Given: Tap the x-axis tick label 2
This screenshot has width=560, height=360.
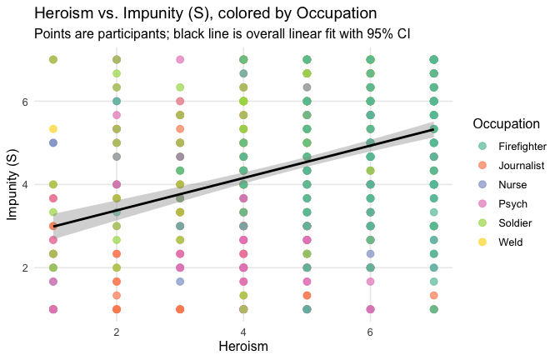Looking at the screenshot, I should point(117,331).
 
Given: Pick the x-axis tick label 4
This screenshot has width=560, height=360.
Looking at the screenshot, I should point(243,331).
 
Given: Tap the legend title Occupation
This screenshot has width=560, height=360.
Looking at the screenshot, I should point(507,124).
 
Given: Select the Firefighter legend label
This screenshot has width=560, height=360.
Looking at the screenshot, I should point(522,146).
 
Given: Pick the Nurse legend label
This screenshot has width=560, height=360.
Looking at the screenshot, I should point(512,184).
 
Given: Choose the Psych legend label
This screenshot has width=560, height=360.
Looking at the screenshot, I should point(512,203).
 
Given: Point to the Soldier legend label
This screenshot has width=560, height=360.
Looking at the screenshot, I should point(514,222).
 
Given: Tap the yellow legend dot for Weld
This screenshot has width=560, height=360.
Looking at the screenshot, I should point(482,242).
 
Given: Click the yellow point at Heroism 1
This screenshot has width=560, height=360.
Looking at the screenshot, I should point(53,129).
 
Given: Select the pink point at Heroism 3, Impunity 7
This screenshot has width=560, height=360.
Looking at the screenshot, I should point(180,60).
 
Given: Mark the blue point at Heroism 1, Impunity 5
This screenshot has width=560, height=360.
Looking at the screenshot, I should point(53,142).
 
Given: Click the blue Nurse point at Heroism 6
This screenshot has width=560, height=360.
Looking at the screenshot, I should point(370,253).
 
